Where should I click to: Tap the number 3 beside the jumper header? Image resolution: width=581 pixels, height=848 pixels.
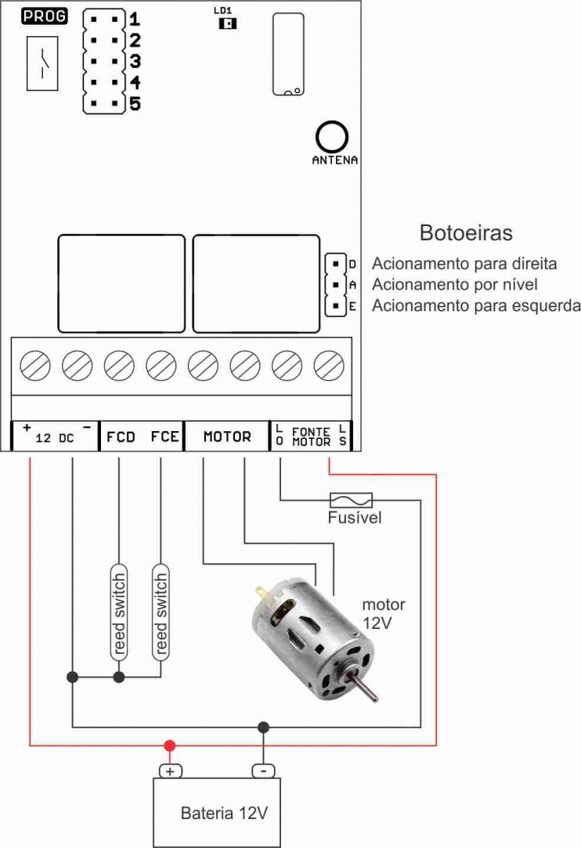pyautogui.click(x=135, y=61)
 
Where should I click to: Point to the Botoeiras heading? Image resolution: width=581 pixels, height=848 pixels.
pyautogui.click(x=466, y=233)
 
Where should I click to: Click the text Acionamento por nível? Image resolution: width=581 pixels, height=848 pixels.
pyautogui.click(x=455, y=284)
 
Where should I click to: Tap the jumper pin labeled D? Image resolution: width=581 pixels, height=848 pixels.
pyautogui.click(x=336, y=264)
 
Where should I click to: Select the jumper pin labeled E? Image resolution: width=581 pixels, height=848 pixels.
pyautogui.click(x=336, y=306)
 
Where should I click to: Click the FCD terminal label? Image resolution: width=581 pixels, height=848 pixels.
pyautogui.click(x=121, y=437)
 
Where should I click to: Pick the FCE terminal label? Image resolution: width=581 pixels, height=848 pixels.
pyautogui.click(x=164, y=437)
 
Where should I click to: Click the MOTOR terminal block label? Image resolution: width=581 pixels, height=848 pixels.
pyautogui.click(x=227, y=437)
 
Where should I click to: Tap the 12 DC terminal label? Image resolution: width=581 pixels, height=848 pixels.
pyautogui.click(x=55, y=438)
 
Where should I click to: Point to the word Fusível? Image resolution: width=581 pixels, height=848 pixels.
pyautogui.click(x=355, y=518)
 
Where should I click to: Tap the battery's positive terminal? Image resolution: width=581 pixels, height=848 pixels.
pyautogui.click(x=170, y=771)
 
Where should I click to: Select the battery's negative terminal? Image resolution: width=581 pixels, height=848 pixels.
pyautogui.click(x=263, y=771)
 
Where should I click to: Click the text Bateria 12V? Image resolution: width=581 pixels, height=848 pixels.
pyautogui.click(x=225, y=812)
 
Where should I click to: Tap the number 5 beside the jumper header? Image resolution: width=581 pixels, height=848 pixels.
pyautogui.click(x=135, y=102)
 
